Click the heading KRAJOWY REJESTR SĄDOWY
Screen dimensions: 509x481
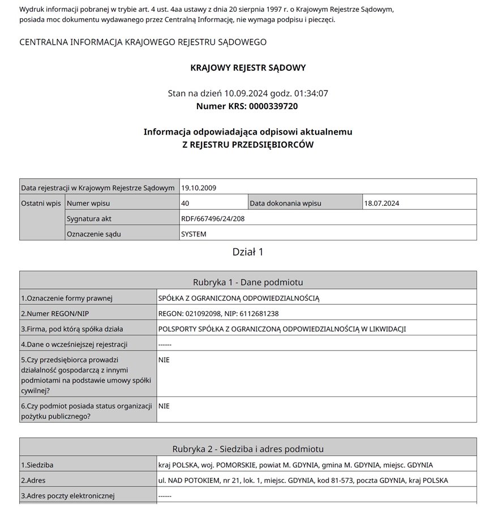248,68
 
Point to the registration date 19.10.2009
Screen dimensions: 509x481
198,188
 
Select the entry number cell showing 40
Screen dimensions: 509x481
185,203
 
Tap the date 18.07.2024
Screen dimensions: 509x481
382,203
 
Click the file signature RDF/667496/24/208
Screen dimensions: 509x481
213,218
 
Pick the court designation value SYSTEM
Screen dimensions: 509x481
194,234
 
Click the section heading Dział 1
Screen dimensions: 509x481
248,252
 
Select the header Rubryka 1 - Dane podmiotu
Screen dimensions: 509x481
248,282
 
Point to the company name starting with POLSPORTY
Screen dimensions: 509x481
282,329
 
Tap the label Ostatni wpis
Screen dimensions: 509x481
41,203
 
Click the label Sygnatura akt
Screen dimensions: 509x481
90,218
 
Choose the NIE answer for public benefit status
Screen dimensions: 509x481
164,406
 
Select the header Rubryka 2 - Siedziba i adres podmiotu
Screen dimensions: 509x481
248,449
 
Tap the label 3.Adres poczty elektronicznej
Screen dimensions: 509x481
67,496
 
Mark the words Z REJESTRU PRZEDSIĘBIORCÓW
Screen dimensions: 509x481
248,145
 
